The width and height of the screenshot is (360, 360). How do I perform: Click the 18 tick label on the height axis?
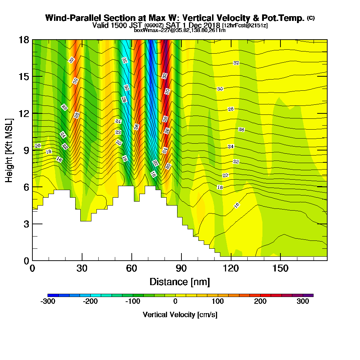tap(24, 40)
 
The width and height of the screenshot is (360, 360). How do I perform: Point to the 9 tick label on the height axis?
tap(26, 150)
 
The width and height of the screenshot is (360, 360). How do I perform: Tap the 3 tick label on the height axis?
tap(26, 224)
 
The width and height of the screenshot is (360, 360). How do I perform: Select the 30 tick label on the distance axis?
tap(82, 268)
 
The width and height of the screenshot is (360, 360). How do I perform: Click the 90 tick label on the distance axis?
tap(181, 268)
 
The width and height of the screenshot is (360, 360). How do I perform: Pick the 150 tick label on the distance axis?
tap(280, 268)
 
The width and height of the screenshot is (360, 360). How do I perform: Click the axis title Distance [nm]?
tap(180, 282)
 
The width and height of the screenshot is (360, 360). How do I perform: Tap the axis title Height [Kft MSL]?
tap(9, 150)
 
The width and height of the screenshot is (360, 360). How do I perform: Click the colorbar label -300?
tap(48, 301)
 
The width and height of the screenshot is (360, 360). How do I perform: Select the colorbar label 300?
tap(303, 301)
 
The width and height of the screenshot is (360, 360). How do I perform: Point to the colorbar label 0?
tap(175, 301)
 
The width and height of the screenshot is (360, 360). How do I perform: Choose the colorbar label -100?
tap(133, 301)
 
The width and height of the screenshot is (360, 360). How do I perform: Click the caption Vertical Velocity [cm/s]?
tap(180, 315)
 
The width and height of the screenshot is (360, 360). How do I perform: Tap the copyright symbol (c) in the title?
tap(311, 18)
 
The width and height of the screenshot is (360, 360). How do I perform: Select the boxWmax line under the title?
tap(180, 30)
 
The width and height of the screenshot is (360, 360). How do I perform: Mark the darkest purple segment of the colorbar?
tap(308, 295)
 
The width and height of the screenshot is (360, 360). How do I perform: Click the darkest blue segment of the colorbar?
tap(53, 295)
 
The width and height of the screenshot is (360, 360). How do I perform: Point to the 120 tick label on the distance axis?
tap(231, 268)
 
